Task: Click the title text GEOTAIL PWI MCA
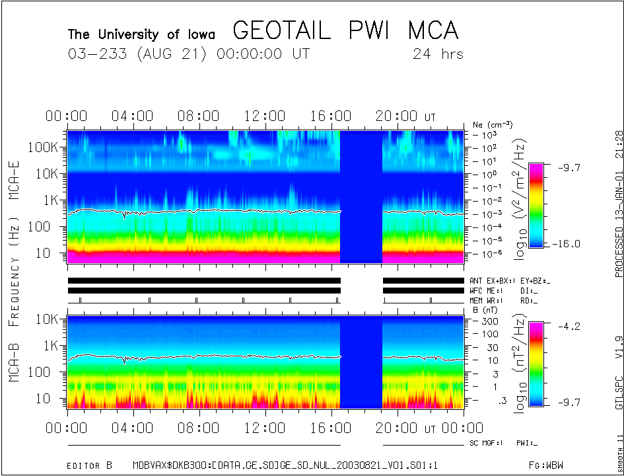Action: click(345, 31)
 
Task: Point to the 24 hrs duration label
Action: click(438, 54)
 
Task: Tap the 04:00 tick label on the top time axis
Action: click(133, 116)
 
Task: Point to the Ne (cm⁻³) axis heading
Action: click(493, 124)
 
